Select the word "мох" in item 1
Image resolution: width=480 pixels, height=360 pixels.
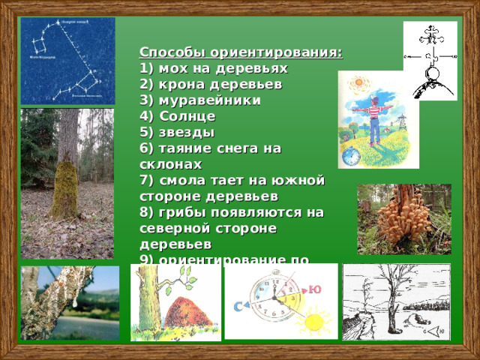pyautogui.click(x=171, y=68)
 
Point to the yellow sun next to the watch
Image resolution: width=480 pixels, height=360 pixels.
pyautogui.click(x=313, y=322)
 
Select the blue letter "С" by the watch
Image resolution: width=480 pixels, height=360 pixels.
pyautogui.click(x=236, y=306)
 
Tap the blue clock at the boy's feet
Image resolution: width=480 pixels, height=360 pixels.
pyautogui.click(x=350, y=157)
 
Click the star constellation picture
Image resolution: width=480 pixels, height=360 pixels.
pyautogui.click(x=67, y=60)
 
